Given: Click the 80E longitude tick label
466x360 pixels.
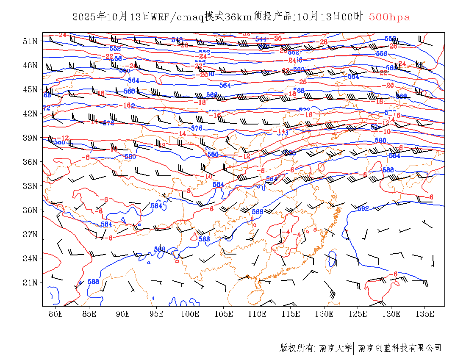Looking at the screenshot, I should pyautogui.click(x=56, y=314).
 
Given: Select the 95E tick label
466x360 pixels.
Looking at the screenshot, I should pyautogui.click(x=157, y=314).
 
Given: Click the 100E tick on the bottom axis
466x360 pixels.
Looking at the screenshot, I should pyautogui.click(x=190, y=314).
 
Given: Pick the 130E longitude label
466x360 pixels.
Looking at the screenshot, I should pyautogui.click(x=391, y=314).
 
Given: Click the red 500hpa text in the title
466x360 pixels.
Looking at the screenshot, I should pyautogui.click(x=389, y=17).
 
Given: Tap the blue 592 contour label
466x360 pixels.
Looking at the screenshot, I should pyautogui.click(x=363, y=208).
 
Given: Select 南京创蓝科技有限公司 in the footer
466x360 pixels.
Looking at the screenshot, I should pyautogui.click(x=399, y=348).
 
